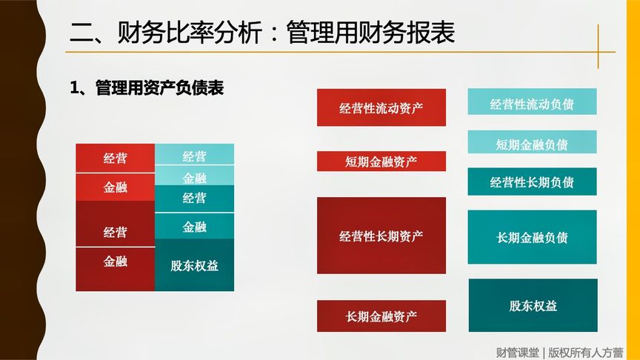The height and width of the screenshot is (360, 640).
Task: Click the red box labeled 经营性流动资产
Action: point(381,107)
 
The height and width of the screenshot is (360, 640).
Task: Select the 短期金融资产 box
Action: point(381,161)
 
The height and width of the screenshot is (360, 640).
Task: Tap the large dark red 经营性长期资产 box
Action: point(381,236)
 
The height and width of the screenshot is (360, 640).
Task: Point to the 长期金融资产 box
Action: point(381,316)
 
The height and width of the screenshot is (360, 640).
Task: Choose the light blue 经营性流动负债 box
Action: point(532,102)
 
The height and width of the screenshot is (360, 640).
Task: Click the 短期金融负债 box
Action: point(532,143)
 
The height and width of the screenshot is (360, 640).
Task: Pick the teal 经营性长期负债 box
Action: point(532,182)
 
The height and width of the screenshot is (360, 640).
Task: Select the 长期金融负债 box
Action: point(532,237)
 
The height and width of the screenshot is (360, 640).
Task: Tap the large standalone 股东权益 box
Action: point(533,305)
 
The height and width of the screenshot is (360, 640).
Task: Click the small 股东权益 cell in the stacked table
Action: point(195,265)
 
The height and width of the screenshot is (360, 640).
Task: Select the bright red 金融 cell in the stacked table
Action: point(115,187)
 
